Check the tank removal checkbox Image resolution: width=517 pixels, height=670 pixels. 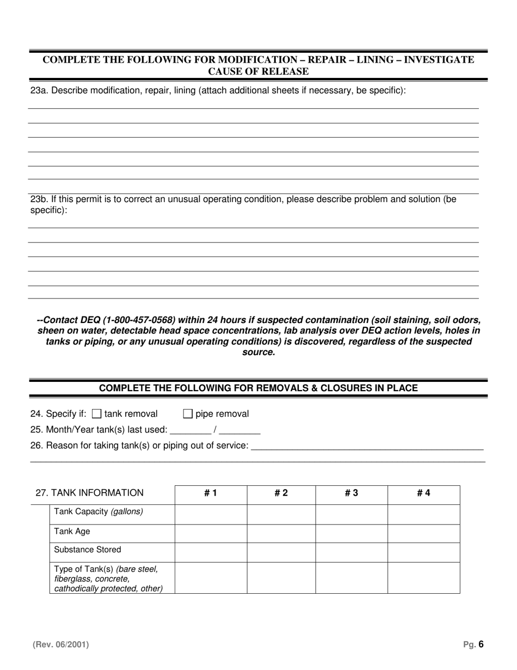point(97,414)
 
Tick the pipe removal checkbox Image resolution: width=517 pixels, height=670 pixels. point(188,414)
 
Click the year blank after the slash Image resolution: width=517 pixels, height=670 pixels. point(239,430)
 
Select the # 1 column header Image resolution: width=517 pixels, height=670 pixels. point(211,494)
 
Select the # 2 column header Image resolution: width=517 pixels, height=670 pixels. point(281,494)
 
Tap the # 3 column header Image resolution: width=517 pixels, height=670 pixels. point(352,494)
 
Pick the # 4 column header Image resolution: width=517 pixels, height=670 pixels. point(423,494)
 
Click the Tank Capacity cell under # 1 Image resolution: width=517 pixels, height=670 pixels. point(211,514)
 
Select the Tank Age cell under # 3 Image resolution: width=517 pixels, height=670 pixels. point(352,533)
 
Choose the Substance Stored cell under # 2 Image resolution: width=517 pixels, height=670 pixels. point(281,552)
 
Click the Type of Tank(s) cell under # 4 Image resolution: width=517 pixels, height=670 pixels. point(423,577)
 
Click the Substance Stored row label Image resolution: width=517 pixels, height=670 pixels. point(88,550)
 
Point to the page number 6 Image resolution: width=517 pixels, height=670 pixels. point(481,645)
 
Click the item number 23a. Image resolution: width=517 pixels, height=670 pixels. point(39,90)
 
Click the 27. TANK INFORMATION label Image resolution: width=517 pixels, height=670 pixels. point(89,494)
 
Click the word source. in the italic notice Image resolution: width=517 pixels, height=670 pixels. point(258,352)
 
